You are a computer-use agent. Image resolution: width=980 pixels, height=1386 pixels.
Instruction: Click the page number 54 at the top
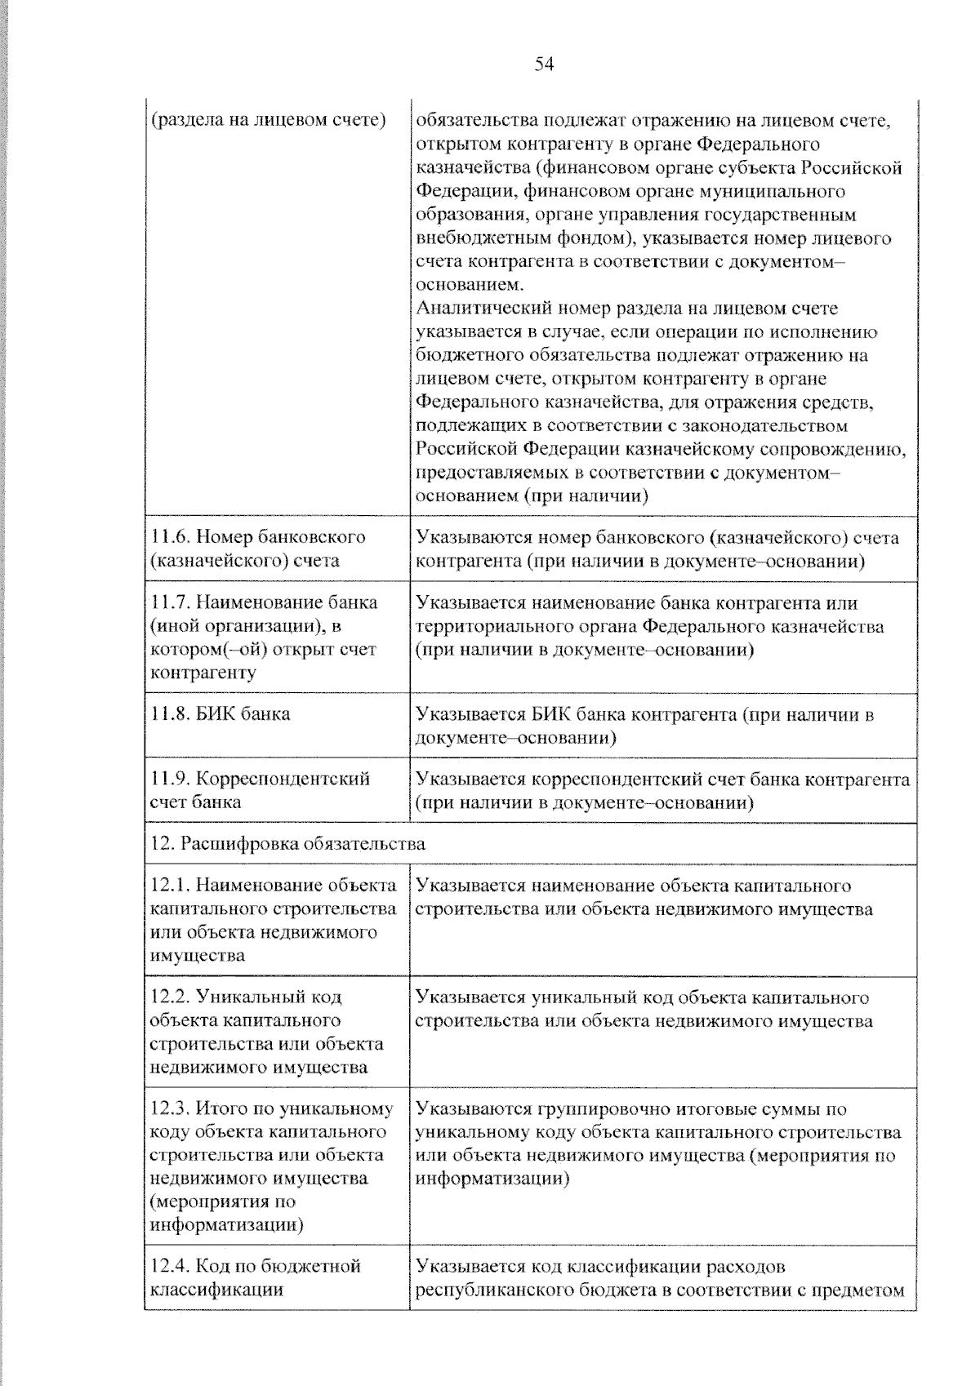tap(544, 64)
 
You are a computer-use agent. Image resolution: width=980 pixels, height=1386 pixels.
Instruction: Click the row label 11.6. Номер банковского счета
tap(258, 549)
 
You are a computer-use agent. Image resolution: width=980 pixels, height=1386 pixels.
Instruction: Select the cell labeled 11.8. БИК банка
tap(220, 713)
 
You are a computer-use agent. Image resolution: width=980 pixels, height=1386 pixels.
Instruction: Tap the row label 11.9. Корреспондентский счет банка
tap(261, 789)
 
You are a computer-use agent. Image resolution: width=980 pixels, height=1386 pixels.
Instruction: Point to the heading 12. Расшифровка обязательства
tap(287, 843)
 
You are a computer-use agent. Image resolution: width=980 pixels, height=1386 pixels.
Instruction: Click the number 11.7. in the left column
tap(171, 602)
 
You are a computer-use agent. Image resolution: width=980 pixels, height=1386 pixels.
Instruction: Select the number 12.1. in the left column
tap(171, 886)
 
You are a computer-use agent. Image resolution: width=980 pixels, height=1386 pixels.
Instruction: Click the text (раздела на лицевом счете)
tap(269, 121)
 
